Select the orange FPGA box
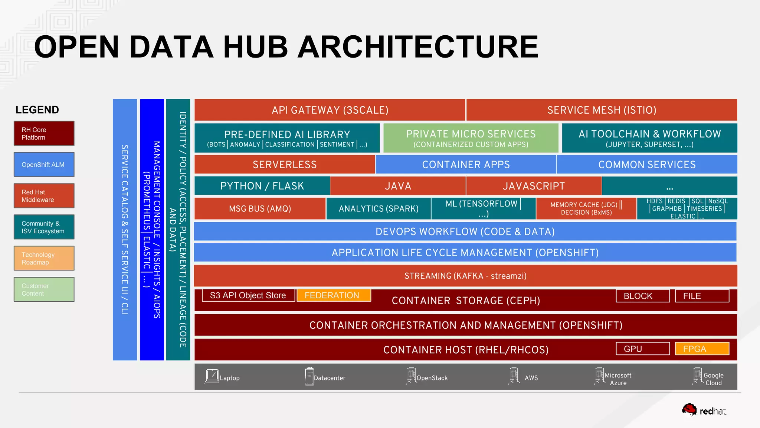702,349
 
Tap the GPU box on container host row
642,349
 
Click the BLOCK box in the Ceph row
642,296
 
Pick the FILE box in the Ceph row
702,296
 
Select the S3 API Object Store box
248,295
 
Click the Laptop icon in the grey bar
212,376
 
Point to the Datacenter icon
309,376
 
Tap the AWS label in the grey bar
531,378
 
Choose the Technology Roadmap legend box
44,258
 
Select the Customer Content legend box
44,289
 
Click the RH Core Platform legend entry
44,133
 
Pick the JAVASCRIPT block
534,186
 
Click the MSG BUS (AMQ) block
260,209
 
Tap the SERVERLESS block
285,165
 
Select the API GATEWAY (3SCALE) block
330,110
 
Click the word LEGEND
37,110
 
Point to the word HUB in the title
255,47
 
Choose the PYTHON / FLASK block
262,186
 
